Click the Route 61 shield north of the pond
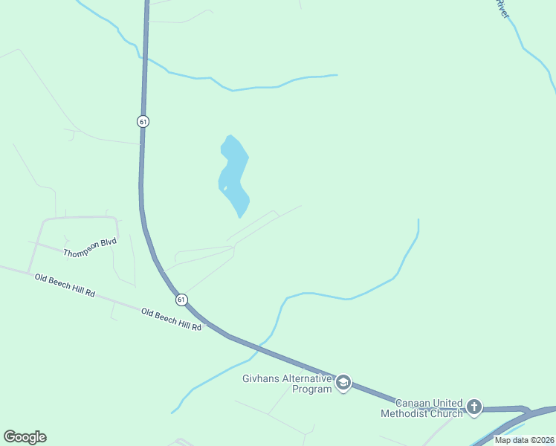coord(143,121)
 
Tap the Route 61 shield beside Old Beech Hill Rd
coord(181,300)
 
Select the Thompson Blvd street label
coord(90,248)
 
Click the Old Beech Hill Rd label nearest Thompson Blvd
coord(65,285)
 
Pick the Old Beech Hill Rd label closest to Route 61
coord(172,320)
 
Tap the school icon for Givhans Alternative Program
coord(343,383)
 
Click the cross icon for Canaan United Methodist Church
coord(474,407)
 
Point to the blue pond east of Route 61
coord(234,175)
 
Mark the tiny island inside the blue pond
coord(224,188)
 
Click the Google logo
coord(25,437)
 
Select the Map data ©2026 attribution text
coord(524,440)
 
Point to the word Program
coord(311,389)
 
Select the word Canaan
coord(412,402)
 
